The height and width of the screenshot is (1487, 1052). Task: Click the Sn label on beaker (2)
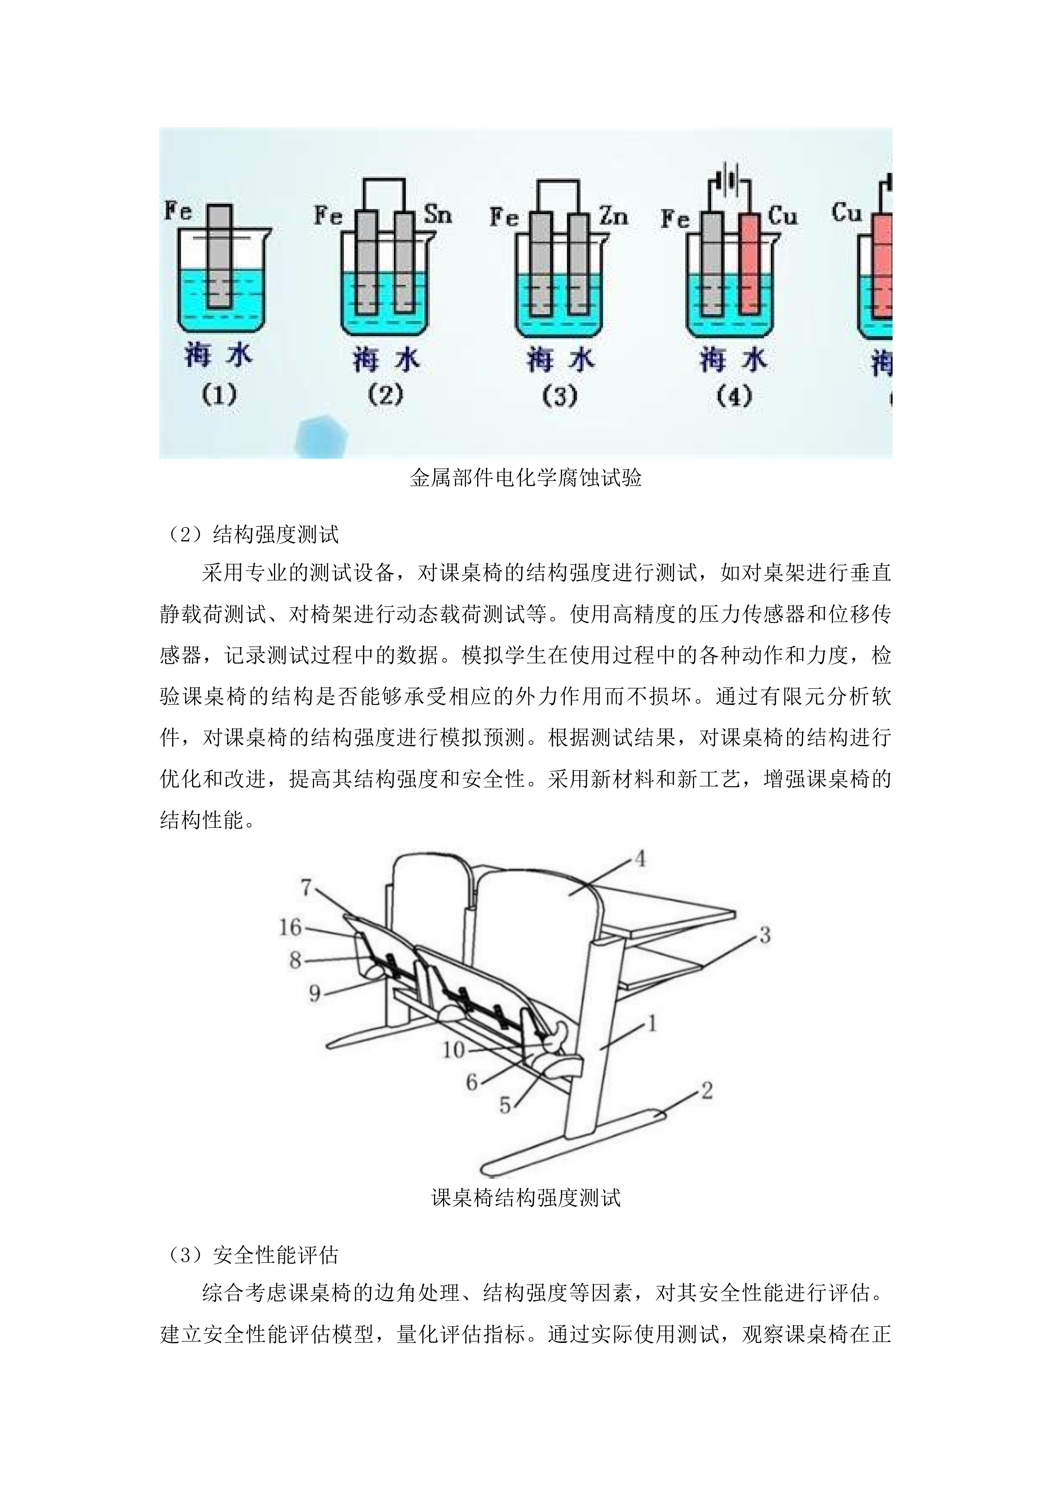[438, 214]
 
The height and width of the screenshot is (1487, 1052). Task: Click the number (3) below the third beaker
[560, 396]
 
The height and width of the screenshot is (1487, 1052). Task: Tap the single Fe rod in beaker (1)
[220, 256]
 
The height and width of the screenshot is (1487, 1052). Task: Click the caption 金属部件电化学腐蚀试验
[525, 479]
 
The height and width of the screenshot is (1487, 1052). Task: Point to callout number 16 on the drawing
[290, 927]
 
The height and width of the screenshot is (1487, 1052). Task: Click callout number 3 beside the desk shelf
[765, 935]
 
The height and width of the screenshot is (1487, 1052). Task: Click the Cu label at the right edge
[846, 212]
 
